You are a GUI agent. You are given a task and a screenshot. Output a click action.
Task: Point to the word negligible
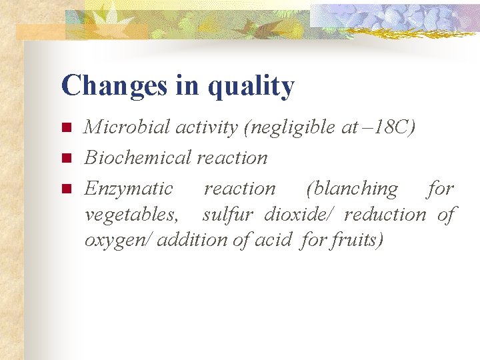[291, 127]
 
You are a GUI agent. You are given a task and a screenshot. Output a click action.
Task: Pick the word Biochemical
[138, 157]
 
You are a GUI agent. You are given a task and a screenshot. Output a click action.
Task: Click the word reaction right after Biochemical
[231, 158]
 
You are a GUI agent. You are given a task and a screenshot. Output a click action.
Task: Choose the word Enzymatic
[129, 189]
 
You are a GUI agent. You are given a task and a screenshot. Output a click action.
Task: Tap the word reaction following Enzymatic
[239, 189]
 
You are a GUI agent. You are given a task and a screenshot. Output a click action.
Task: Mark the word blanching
[352, 189]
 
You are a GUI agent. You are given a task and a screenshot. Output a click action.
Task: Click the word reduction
[386, 214]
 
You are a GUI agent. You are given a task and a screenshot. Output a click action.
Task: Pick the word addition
[193, 239]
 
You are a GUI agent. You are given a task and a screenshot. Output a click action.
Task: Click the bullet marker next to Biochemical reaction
[65, 158]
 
